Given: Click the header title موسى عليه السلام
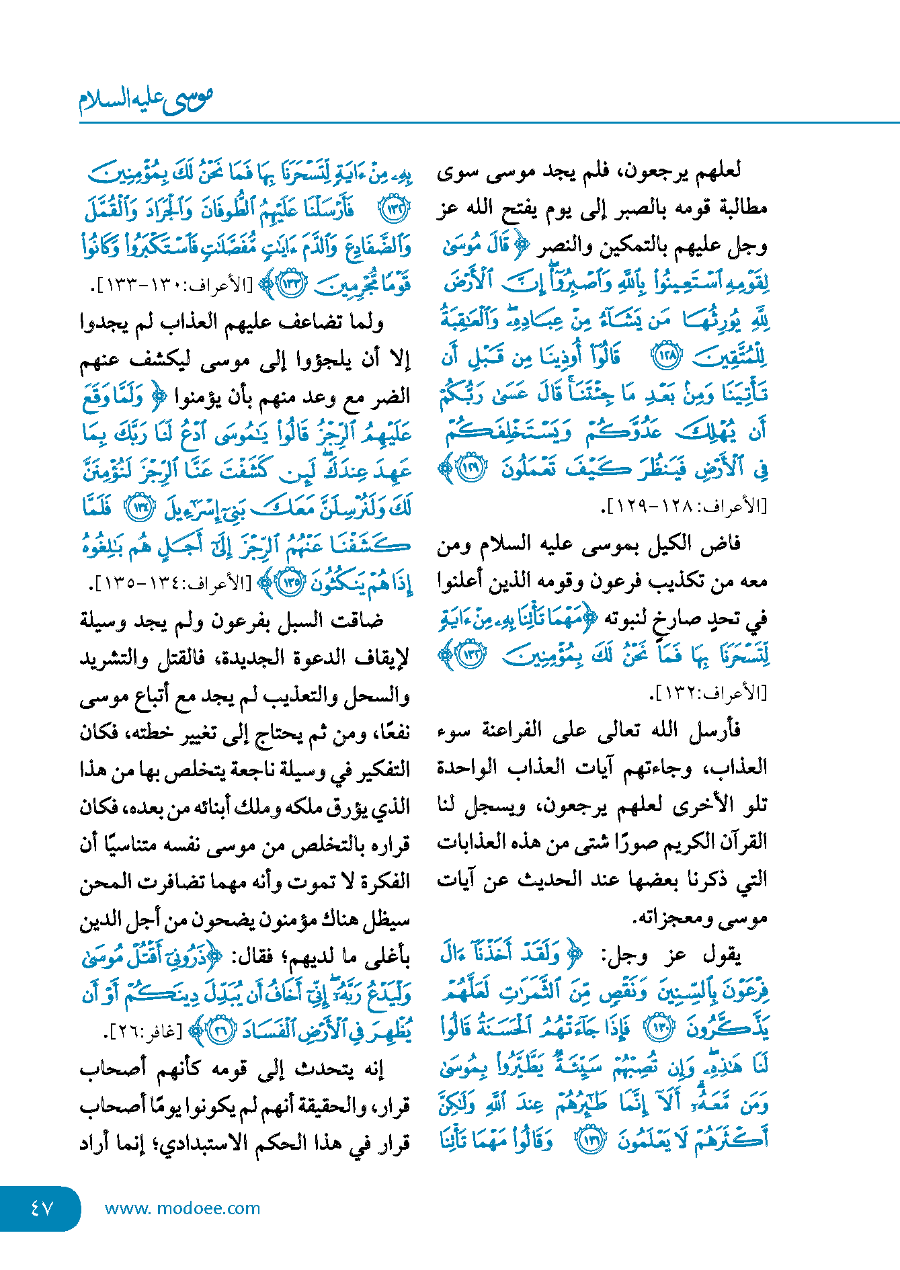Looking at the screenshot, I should (146, 99).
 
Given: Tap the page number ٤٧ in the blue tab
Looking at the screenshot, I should (42, 1208).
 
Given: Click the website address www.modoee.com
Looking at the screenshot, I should (182, 1208).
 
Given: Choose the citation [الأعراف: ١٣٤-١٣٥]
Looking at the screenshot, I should (171, 583).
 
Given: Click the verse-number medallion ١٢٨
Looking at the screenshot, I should (667, 356).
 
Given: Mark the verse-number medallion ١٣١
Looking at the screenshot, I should (591, 1140).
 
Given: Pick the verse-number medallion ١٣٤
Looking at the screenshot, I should (142, 507).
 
